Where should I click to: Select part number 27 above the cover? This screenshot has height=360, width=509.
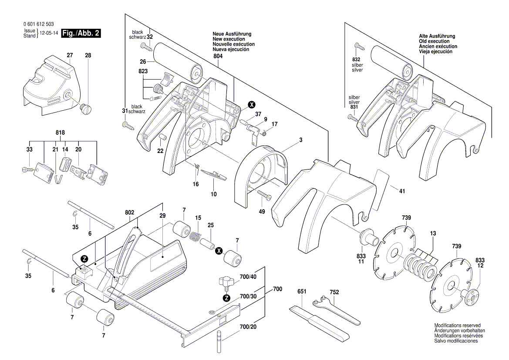(70, 55)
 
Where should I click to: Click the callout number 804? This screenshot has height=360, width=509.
(217, 56)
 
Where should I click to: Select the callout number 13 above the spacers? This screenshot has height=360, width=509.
(433, 234)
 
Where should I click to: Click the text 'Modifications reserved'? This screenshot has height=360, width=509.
(457, 326)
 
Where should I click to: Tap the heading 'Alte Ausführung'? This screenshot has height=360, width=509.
(437, 36)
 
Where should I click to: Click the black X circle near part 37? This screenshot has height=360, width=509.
(251, 105)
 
